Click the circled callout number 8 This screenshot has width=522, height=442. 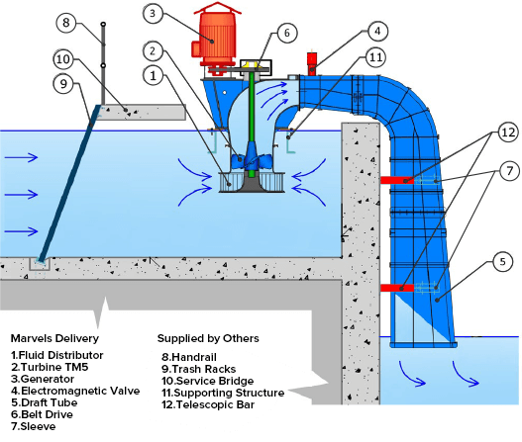coord(66,23)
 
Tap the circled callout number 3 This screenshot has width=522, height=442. coord(153,13)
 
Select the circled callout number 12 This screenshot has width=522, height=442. coord(508,133)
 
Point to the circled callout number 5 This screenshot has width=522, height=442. coord(502,262)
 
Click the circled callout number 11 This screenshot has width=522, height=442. coord(375,57)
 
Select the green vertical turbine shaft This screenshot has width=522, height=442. coord(252,123)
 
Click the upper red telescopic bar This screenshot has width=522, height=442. coord(397,180)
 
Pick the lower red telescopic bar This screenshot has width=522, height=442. coord(397,288)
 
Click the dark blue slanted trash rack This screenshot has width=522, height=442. coord(69,184)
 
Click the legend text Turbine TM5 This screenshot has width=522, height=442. coord(50,367)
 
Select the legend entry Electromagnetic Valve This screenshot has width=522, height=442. coord(75,391)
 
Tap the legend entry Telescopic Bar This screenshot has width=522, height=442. coord(208,404)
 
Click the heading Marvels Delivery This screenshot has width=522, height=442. coord(54,338)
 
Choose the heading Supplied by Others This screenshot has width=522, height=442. coord(208,338)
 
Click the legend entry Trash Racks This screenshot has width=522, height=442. coord(199,369)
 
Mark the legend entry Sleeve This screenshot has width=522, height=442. coord(34,426)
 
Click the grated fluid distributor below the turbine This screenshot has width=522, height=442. coord(252,182)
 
